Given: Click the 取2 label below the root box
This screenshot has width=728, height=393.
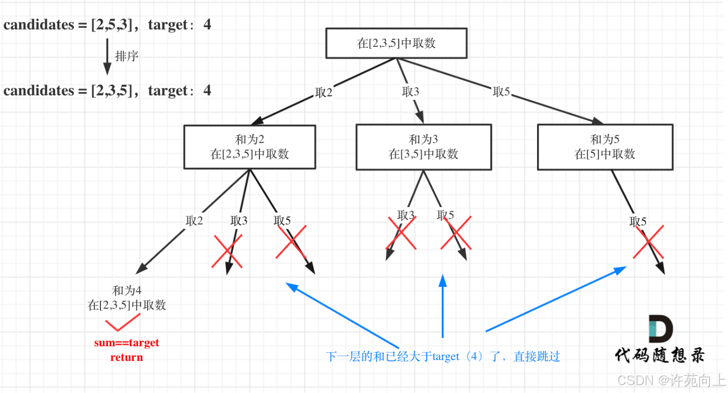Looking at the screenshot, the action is (x=324, y=92).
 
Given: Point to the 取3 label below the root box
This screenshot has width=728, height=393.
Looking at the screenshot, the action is (x=411, y=91).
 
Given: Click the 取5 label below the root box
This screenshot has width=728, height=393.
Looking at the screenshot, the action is (x=501, y=91).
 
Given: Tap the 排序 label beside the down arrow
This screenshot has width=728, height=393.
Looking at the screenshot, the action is (x=127, y=56).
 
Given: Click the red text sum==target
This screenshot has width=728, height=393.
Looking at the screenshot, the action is (x=127, y=343).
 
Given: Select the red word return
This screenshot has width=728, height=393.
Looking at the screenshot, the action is (x=127, y=357).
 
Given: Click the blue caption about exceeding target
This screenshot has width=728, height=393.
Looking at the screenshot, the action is (x=443, y=357).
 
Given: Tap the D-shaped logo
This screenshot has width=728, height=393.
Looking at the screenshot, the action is (x=661, y=329).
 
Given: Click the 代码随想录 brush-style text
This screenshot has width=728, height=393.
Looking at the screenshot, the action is (x=660, y=355).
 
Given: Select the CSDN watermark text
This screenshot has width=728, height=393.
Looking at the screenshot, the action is (x=671, y=380).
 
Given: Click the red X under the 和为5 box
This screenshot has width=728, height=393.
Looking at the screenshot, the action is (x=648, y=242).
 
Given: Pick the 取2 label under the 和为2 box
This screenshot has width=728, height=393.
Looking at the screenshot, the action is (x=194, y=221).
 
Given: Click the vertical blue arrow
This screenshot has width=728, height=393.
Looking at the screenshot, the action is (x=443, y=306).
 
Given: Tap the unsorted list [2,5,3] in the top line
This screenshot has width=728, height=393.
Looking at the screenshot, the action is (x=112, y=25).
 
